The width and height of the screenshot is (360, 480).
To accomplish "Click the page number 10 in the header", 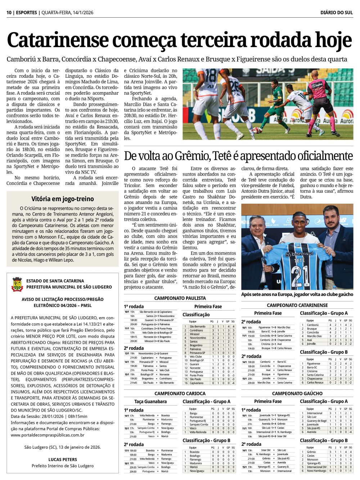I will point(9,13).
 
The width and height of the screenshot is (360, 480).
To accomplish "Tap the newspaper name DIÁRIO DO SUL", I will point(337,13).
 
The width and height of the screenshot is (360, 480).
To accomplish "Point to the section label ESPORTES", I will point(27,13).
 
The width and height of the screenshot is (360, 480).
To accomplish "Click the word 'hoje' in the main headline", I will point(333,40).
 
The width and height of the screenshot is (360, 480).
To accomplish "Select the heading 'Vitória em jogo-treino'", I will point(63,199).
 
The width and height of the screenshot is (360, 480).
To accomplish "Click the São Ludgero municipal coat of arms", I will point(17,284).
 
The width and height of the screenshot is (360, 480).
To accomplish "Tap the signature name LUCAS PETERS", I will point(63,459).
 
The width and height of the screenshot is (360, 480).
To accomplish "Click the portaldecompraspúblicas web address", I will point(48,435).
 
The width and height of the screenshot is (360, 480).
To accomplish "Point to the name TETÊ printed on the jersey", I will point(299,260).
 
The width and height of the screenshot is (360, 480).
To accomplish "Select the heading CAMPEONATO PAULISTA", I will point(180,298).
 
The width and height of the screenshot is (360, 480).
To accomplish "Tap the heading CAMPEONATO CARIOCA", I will point(180,393).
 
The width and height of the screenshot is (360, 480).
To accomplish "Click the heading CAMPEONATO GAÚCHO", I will point(297,393).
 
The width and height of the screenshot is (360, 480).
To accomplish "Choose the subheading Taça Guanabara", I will point(150,402).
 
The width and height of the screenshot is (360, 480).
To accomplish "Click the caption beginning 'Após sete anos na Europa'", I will point(297,294).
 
